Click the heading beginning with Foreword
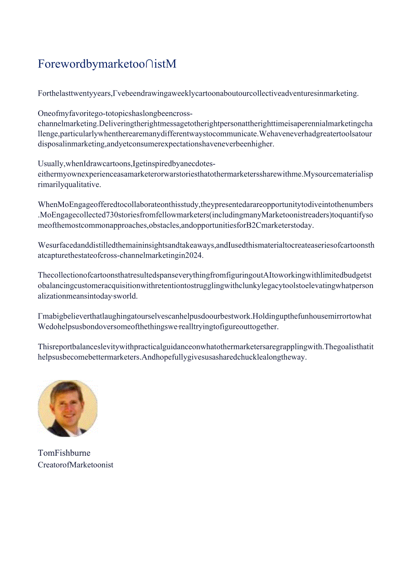click(107, 64)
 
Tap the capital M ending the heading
click(171, 64)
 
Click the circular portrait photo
click(68, 409)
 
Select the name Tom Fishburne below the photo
click(64, 453)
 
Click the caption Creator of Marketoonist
click(76, 464)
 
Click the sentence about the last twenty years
click(198, 93)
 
